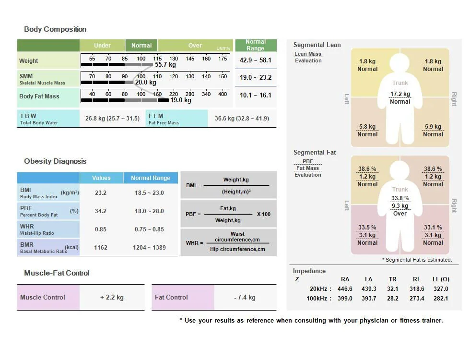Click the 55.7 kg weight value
[165, 65]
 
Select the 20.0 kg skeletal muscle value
[145, 83]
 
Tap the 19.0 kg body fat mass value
[181, 100]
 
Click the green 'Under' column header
[102, 46]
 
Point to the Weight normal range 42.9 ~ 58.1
[256, 60]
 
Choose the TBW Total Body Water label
[38, 119]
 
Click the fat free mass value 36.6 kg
[242, 119]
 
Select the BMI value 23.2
[101, 193]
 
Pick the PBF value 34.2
[101, 211]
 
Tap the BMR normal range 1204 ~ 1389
[150, 248]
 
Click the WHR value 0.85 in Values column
[101, 229]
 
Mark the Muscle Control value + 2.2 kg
[112, 298]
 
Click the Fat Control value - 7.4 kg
[245, 298]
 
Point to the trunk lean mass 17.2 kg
[400, 94]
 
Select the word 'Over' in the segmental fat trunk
[400, 214]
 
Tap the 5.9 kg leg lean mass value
[433, 127]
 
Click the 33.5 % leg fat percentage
[367, 228]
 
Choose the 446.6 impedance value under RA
[345, 289]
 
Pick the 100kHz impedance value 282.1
[440, 299]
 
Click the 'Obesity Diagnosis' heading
[55, 161]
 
